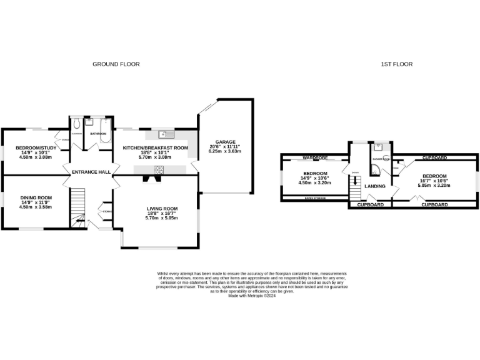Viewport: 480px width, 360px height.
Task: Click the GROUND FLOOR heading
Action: click(116, 64)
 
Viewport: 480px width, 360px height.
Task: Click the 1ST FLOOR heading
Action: click(397, 64)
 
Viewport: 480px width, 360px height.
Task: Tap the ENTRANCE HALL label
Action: click(91, 172)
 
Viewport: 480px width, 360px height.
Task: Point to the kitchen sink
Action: click(164, 133)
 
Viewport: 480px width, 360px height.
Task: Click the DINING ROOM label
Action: click(36, 197)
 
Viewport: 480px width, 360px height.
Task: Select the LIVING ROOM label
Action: click(162, 208)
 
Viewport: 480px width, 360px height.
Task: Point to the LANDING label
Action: click(375, 186)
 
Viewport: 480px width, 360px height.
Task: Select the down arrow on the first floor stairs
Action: click(355, 172)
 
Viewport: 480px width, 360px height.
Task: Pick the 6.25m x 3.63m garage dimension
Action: click(224, 151)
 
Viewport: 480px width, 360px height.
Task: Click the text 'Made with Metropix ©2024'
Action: click(252, 296)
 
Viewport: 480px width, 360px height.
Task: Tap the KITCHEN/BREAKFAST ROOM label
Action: click(155, 148)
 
